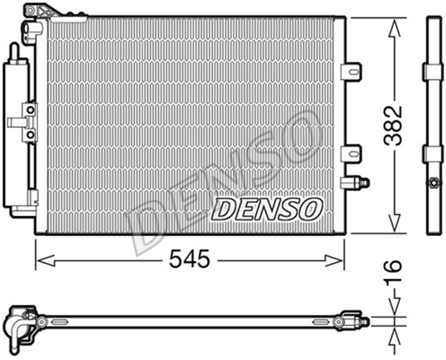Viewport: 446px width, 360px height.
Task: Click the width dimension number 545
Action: point(189,260)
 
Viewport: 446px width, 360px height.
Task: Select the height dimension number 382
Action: point(394,125)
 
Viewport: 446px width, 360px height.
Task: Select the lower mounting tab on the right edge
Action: point(351,152)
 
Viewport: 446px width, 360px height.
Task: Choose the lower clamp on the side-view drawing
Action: point(433,154)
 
